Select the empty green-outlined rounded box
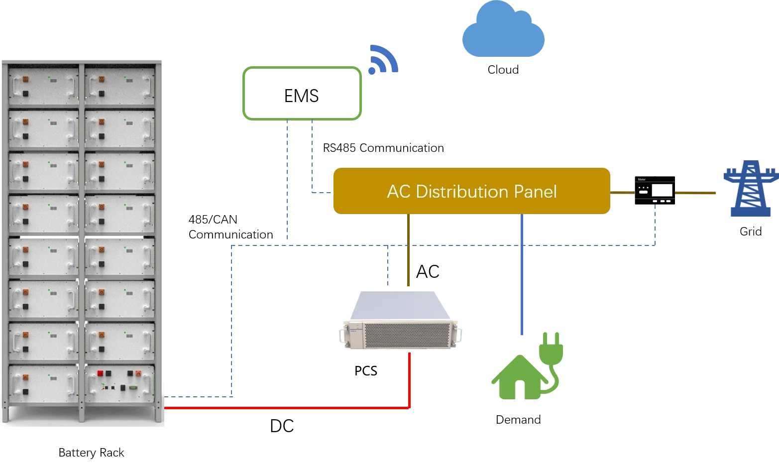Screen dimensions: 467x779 point(302,93)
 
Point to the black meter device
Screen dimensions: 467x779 point(655,191)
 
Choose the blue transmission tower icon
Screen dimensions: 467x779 point(750,189)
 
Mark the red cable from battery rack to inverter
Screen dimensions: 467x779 point(289,408)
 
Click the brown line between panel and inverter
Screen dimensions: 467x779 point(408,249)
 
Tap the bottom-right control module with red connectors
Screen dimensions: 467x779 point(119,383)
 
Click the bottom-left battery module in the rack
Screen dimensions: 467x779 point(43,383)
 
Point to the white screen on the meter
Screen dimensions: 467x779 point(662,191)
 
